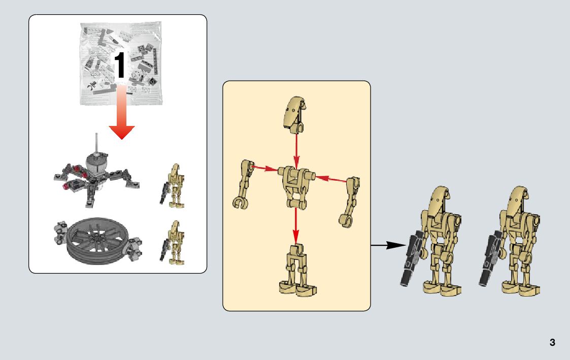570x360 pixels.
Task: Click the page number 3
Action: pyautogui.click(x=552, y=343)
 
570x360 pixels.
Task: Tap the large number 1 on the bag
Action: pyautogui.click(x=120, y=66)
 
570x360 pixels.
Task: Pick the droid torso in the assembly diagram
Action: pyautogui.click(x=296, y=185)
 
